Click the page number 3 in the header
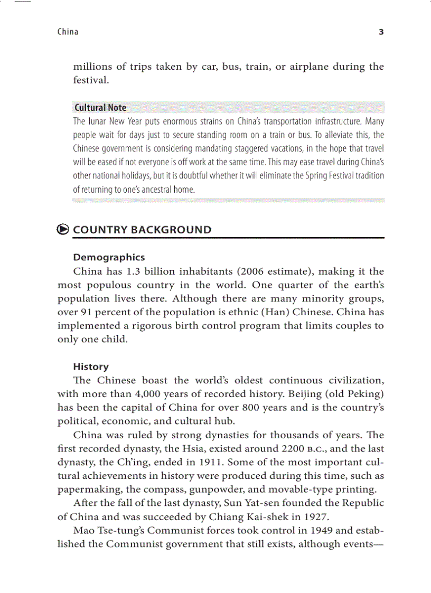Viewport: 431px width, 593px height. pos(381,32)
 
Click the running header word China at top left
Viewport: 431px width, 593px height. pos(68,32)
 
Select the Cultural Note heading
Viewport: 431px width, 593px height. pos(100,108)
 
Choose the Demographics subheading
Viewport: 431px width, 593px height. pos(109,258)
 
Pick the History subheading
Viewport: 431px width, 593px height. pos(91,367)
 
